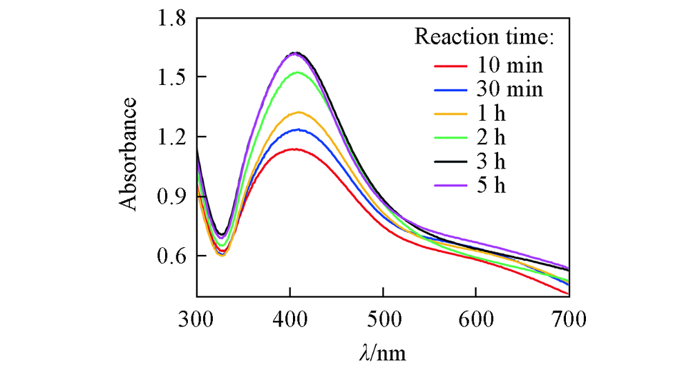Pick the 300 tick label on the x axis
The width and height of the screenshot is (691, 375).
197,319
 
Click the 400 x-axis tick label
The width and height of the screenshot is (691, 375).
290,319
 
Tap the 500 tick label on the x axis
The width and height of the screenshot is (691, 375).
384,319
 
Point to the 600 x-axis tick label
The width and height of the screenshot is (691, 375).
476,319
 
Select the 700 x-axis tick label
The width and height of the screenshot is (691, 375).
569,319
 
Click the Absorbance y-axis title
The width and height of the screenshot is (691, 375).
129,153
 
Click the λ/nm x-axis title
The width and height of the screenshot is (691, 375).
383,354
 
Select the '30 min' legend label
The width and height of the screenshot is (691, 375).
510,90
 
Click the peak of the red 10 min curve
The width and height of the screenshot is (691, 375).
294,148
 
